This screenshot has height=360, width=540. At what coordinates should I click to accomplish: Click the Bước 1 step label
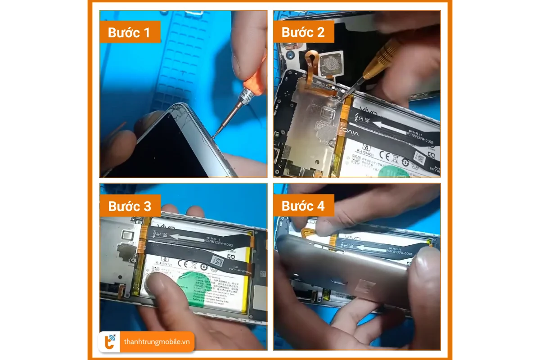point(130,33)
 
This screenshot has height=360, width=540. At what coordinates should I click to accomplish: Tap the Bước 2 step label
point(303,32)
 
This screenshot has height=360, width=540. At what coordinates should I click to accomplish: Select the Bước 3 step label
point(130,206)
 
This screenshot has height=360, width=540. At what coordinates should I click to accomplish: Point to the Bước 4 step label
point(303,206)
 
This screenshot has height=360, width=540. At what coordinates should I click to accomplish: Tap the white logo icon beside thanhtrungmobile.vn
point(110,342)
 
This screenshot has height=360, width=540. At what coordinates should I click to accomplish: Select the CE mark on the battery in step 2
point(386,156)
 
